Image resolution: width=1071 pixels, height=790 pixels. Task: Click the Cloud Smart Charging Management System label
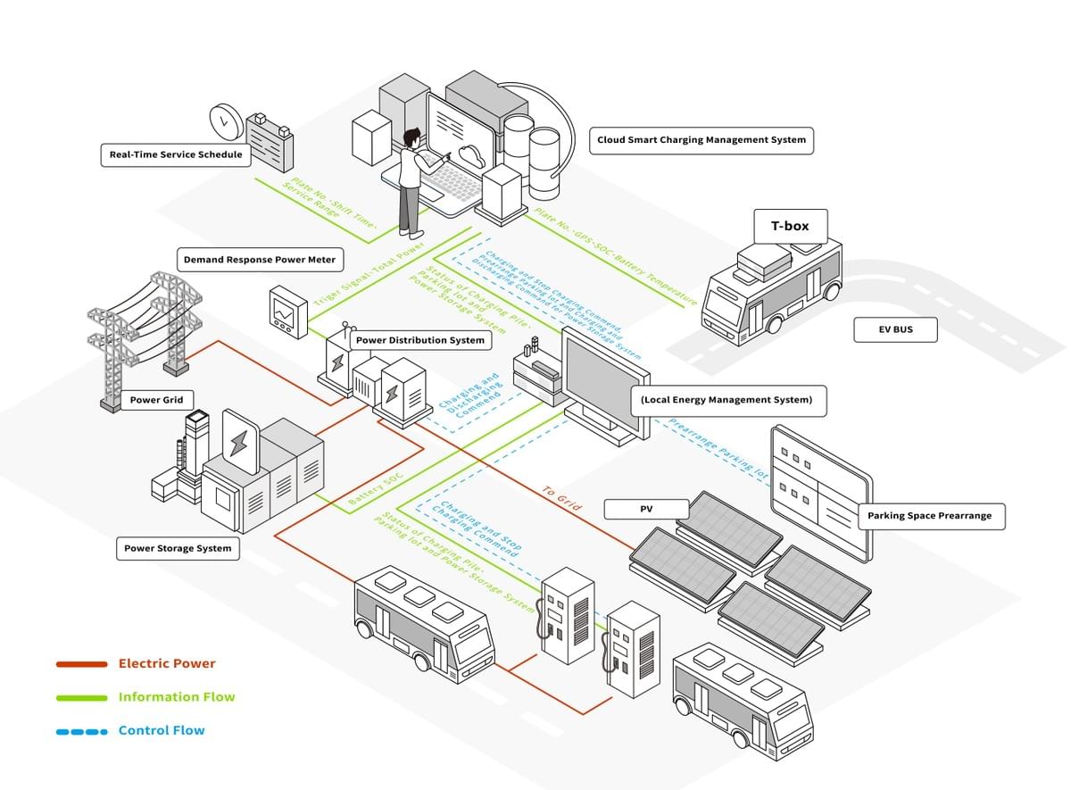702,140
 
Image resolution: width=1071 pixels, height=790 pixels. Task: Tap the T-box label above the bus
790,227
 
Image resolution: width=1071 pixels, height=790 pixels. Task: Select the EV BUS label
895,330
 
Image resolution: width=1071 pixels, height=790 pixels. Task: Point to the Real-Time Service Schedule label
176,154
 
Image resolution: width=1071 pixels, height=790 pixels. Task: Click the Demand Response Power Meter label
260,261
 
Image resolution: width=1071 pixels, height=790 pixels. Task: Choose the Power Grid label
156,400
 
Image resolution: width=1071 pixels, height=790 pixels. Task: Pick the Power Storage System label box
178,548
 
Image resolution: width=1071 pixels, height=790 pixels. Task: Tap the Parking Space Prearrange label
929,516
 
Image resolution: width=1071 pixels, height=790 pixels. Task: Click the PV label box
647,510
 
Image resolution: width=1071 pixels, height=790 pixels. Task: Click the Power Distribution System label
420,340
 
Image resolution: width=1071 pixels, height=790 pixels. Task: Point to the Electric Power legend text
167,664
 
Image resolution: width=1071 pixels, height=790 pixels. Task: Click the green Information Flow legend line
82,698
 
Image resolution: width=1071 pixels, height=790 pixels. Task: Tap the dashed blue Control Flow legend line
82,731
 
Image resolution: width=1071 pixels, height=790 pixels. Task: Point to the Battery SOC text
374,492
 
